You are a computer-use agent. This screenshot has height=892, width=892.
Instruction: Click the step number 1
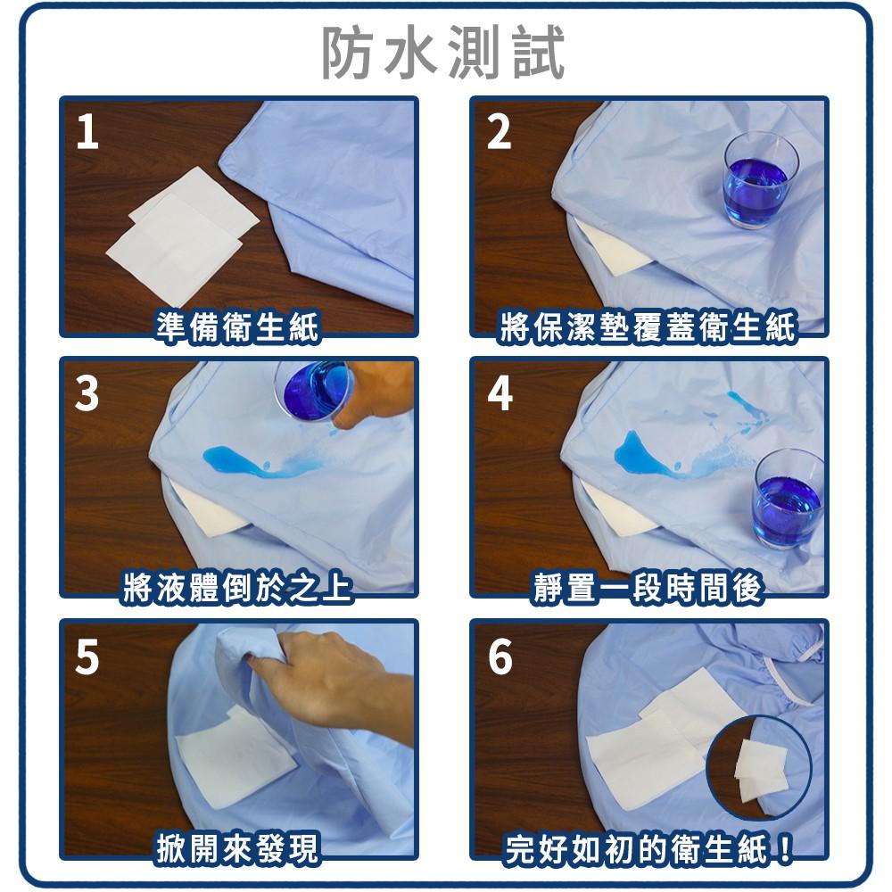pos(87,132)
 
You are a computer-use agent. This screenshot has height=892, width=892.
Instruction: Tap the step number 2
pos(499,132)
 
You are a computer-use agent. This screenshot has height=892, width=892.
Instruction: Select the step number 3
pos(87,393)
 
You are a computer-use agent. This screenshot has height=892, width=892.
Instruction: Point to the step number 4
pos(500,393)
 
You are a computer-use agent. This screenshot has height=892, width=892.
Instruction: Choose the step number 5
pos(87,656)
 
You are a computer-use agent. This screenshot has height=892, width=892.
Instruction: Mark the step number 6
pos(500,656)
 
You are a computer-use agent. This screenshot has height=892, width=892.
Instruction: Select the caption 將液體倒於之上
pos(236,589)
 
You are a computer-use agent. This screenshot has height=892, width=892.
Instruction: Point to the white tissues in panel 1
pos(183,232)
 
